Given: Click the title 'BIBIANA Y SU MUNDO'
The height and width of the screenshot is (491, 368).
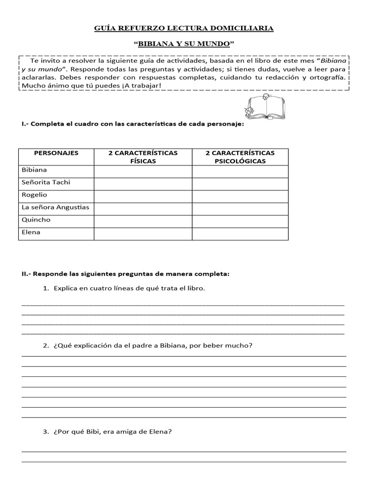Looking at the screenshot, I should tap(184, 44).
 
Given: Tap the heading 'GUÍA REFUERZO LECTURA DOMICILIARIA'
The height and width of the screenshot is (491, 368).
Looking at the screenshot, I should tap(184, 29).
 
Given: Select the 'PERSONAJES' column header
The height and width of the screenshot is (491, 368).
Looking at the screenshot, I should tap(56, 153).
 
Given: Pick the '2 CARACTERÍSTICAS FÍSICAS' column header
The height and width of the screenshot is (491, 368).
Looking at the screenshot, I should tap(143, 157).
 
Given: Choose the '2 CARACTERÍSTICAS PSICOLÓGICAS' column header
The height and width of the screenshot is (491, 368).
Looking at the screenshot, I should tap(240, 157).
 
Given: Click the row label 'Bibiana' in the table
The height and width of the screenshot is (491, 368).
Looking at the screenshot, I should tap(34, 170).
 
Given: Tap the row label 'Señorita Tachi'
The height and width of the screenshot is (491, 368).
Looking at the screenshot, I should tap(46, 182).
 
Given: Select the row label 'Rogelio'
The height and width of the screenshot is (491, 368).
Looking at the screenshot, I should tap(34, 195).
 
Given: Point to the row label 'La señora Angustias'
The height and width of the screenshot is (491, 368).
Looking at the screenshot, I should tap(56, 207).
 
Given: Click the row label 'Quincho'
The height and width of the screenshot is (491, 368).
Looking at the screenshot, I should tap(36, 220).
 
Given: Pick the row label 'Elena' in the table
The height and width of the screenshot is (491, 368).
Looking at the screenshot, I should tap(31, 232).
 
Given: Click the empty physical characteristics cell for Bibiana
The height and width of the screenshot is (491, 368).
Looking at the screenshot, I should tap(143, 172).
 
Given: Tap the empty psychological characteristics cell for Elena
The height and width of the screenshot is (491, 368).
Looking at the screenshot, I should tap(240, 234).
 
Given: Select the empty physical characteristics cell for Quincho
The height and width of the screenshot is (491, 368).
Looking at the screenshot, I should tap(143, 222).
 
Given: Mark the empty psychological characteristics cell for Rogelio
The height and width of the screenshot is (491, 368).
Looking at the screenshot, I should tap(240, 197).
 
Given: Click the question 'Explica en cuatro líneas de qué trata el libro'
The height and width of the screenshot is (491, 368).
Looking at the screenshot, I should tap(129, 289).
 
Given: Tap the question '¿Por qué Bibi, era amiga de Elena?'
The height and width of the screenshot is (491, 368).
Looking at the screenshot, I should tap(113, 432).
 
